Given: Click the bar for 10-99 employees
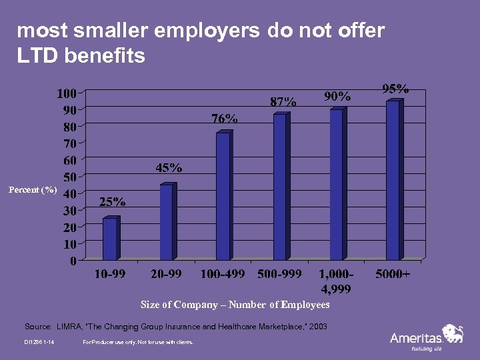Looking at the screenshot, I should (110, 238).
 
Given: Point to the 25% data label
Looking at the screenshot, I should (113, 202).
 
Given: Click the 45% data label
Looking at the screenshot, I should (169, 168).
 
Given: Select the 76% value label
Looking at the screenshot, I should (225, 119).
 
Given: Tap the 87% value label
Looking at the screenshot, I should (283, 102).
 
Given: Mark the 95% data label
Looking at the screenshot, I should (395, 88).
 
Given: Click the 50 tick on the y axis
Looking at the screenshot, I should (69, 177).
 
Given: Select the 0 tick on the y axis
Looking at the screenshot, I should (73, 261).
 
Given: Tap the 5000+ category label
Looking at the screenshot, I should (393, 274).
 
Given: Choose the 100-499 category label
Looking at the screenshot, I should (223, 274).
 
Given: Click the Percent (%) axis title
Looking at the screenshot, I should (33, 190).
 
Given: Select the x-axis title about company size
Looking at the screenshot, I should (235, 305).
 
